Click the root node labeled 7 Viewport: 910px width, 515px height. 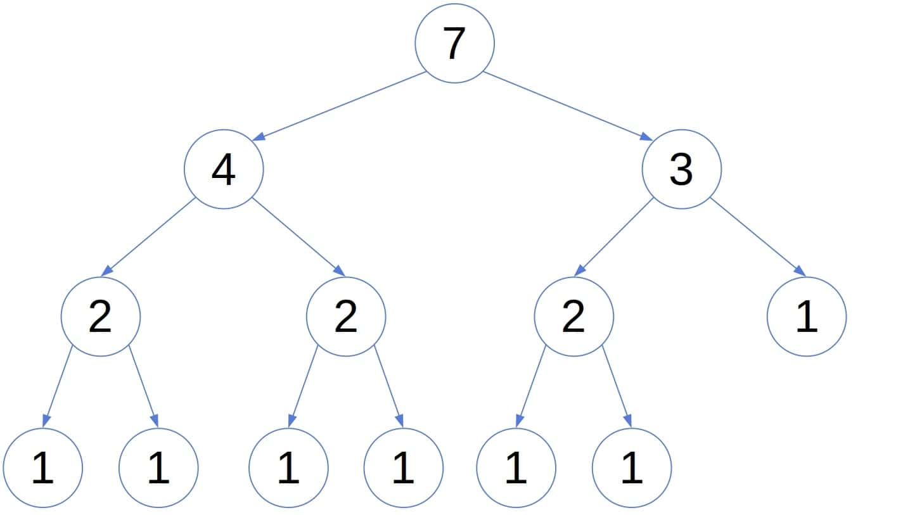454,43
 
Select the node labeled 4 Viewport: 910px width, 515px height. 224,169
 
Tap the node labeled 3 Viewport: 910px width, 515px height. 681,169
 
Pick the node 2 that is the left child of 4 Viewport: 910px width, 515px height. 101,317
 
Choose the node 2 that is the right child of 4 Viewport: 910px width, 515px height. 345,317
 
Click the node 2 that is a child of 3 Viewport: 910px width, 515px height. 574,317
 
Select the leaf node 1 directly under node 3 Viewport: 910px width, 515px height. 806,317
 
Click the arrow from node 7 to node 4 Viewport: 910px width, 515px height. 340,105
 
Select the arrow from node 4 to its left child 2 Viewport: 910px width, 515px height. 149,237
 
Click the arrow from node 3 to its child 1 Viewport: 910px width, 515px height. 758,237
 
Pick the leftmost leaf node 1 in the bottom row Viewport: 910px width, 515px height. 42,468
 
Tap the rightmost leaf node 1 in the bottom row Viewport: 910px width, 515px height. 631,468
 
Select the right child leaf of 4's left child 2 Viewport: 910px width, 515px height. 158,468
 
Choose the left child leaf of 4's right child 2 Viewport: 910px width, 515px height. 288,468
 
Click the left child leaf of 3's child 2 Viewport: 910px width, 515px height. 516,468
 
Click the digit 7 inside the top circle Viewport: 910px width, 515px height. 454,44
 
